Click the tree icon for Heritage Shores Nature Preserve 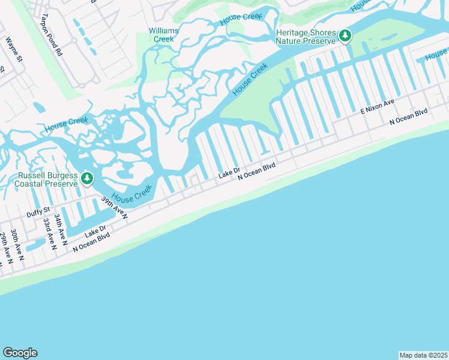[345, 37]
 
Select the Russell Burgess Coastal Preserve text [48, 179]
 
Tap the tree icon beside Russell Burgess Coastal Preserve [88, 178]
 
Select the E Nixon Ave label [377, 107]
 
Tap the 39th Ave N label [114, 207]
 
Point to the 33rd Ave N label [50, 233]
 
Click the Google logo [20, 353]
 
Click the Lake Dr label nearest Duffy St [95, 230]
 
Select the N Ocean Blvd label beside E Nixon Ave [408, 116]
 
